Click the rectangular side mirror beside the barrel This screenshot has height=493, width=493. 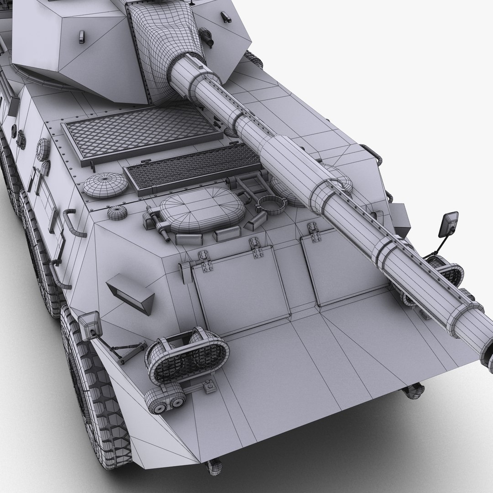pyautogui.click(x=449, y=225)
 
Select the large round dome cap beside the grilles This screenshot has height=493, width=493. pyautogui.click(x=105, y=184)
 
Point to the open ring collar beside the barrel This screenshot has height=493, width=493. pyautogui.click(x=270, y=205)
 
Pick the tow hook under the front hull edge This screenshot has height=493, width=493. pyautogui.click(x=213, y=466)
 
